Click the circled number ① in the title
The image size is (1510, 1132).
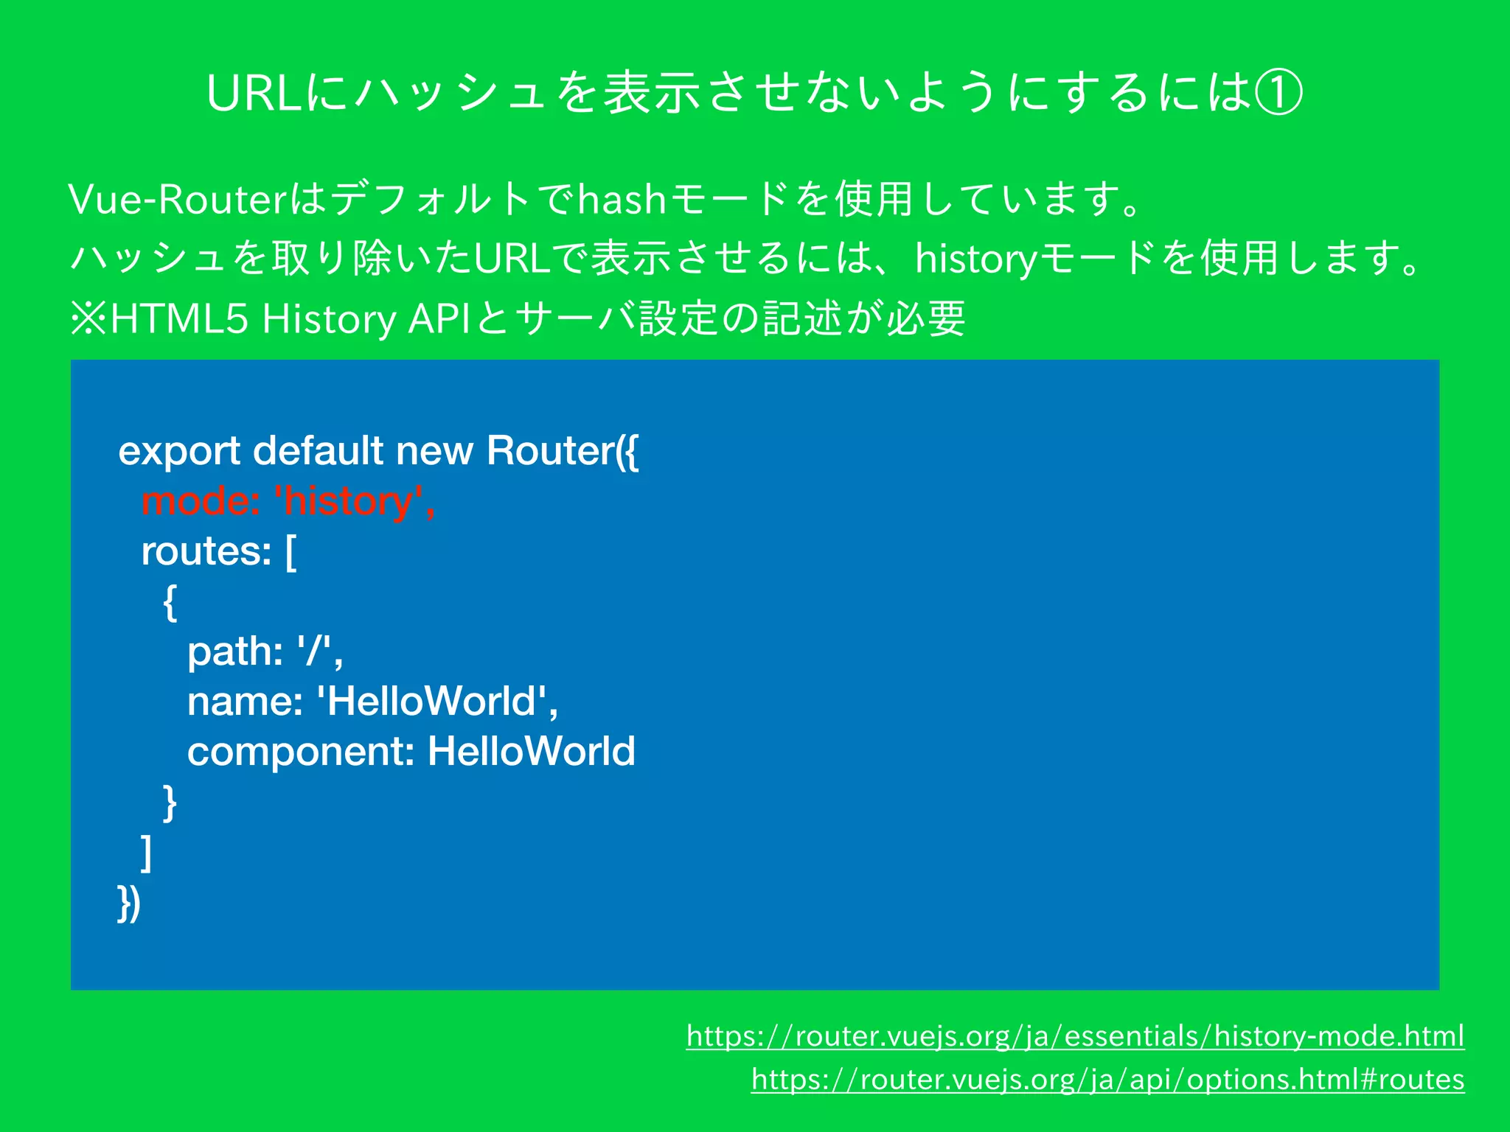pyautogui.click(x=1278, y=94)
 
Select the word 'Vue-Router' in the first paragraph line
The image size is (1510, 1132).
pyautogui.click(x=177, y=199)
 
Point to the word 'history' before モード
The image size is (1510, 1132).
pyautogui.click(x=975, y=259)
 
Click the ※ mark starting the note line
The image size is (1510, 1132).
pyautogui.click(x=88, y=319)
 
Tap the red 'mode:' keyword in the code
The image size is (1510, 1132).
pyautogui.click(x=200, y=501)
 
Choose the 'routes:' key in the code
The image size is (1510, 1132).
pyautogui.click(x=206, y=551)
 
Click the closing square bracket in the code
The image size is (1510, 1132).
pyautogui.click(x=147, y=853)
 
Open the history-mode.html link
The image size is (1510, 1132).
pyautogui.click(x=1075, y=1036)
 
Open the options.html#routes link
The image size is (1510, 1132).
pyautogui.click(x=1107, y=1080)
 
